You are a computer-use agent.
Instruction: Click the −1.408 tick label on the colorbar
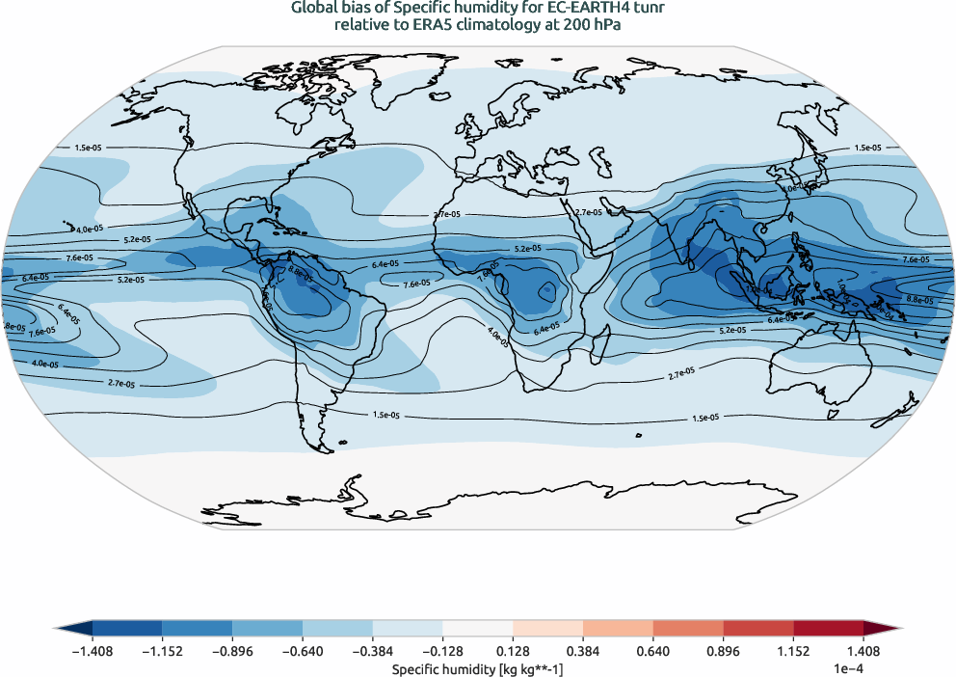(x=93, y=651)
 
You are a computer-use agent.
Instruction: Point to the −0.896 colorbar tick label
(x=232, y=651)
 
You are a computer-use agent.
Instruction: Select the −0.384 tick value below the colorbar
(x=372, y=651)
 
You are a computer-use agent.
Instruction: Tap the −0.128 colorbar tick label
(x=442, y=651)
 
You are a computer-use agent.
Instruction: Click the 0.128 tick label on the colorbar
(x=513, y=651)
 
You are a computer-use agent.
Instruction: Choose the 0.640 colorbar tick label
(x=652, y=651)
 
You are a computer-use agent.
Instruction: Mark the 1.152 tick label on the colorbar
(x=792, y=651)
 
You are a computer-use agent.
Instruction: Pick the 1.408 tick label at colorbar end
(x=863, y=651)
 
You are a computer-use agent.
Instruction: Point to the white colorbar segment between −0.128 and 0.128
(x=477, y=628)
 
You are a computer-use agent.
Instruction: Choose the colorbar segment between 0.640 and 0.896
(x=687, y=628)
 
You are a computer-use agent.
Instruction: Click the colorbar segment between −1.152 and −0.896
(x=198, y=628)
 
